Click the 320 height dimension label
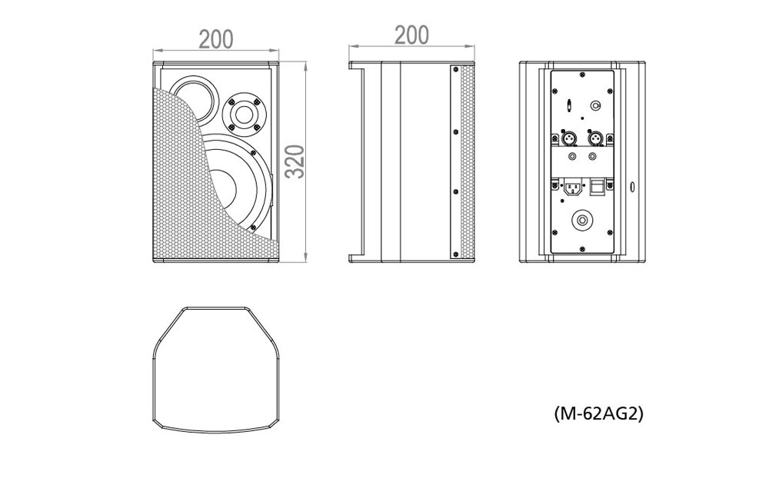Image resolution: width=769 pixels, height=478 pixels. pos(295,162)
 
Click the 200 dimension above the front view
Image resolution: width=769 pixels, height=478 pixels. pos(216,39)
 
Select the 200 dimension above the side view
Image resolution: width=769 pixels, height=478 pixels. pos(411,35)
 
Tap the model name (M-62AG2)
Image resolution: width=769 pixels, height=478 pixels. pos(598,413)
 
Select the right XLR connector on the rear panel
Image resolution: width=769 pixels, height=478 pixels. pos(595,138)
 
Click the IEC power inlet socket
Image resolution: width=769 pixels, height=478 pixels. pos(572,188)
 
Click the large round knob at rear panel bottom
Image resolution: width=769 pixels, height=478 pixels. pos(582,220)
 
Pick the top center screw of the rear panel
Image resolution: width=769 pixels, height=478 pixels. pos(582,75)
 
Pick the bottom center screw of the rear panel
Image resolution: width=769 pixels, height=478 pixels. pos(582,249)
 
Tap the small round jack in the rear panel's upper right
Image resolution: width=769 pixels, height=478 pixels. pos(595,105)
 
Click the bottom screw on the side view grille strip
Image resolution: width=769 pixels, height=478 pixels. pos(455,254)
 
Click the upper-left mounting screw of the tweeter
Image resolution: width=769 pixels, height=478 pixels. pos(231,102)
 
